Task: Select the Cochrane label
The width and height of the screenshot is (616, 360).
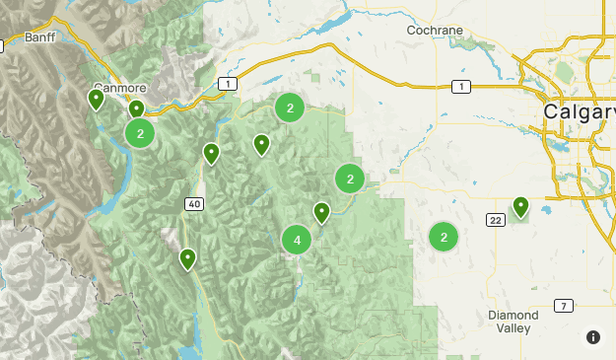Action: tap(436, 31)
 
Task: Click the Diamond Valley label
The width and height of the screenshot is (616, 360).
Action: tap(513, 322)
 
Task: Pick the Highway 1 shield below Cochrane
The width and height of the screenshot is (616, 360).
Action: tap(459, 88)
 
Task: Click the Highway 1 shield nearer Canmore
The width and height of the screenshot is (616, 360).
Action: tap(229, 85)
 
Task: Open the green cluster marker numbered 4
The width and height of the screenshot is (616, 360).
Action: tap(297, 240)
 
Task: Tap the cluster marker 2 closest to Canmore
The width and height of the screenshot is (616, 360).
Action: tap(140, 132)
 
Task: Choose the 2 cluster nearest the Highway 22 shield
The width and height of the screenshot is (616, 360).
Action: tap(444, 237)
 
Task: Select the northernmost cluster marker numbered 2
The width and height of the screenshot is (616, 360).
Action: tap(289, 108)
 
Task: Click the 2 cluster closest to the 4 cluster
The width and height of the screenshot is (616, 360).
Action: tap(350, 179)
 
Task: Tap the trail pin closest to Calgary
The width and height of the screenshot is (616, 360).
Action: tap(520, 205)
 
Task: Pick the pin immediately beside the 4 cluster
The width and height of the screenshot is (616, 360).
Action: tap(321, 211)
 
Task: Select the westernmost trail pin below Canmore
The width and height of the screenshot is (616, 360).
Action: tap(97, 98)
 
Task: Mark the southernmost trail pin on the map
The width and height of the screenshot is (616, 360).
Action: tap(187, 258)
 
